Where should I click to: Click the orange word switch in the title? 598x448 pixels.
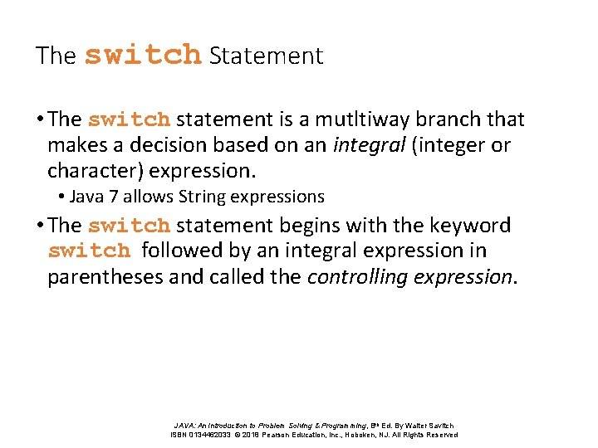click(x=143, y=55)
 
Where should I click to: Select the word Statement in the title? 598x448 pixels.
click(x=266, y=56)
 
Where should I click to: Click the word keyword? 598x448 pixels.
click(x=470, y=225)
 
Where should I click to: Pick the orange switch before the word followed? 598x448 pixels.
click(x=90, y=251)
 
